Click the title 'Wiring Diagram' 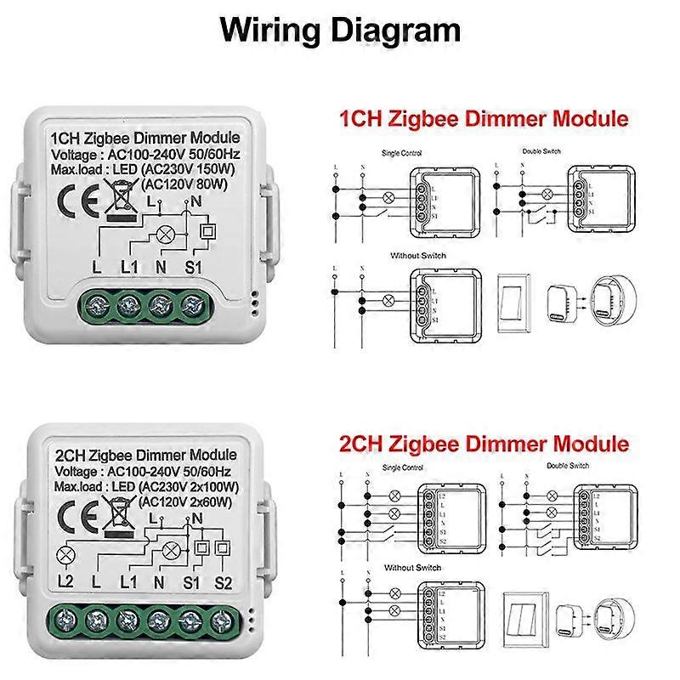click(340, 30)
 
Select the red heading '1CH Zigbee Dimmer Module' click(484, 118)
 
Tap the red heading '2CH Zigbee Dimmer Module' click(484, 444)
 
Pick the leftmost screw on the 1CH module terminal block click(95, 303)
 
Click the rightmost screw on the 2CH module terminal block click(223, 620)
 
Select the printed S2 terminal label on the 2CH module click(223, 581)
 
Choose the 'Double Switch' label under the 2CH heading click(569, 467)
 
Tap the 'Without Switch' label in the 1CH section click(417, 256)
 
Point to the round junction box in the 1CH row click(613, 300)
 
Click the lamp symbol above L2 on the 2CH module click(65, 557)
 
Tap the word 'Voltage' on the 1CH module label click(78, 155)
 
